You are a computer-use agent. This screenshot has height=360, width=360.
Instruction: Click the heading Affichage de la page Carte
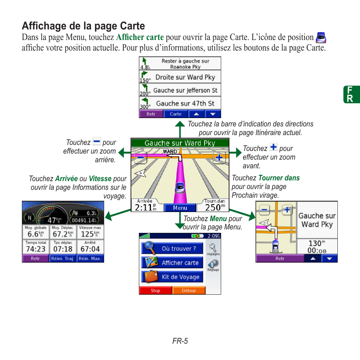click(x=83, y=26)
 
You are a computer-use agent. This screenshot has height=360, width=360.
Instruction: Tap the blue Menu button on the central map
click(x=180, y=208)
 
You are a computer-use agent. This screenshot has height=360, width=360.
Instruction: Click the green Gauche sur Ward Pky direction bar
click(x=180, y=143)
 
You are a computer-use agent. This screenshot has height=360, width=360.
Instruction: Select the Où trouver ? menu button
click(x=172, y=248)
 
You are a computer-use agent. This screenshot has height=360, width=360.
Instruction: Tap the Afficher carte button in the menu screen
click(x=172, y=263)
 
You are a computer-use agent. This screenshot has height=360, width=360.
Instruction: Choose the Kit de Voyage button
click(x=172, y=277)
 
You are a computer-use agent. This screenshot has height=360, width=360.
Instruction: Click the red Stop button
click(x=155, y=291)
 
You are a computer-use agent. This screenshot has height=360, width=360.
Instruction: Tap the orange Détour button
click(x=189, y=291)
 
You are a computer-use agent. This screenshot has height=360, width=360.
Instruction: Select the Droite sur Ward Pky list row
click(x=180, y=77)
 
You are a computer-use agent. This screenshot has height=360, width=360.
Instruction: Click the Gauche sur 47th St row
click(x=180, y=103)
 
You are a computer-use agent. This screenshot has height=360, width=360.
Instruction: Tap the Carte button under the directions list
click(x=175, y=114)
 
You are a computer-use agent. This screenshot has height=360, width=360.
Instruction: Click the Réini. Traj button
click(x=63, y=258)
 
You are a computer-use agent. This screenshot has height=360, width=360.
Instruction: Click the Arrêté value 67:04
click(x=90, y=249)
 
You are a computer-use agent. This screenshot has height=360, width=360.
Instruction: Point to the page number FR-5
click(x=180, y=341)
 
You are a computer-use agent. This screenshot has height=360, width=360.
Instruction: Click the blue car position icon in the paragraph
click(x=321, y=37)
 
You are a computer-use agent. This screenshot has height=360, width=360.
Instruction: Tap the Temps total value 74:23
click(x=35, y=249)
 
